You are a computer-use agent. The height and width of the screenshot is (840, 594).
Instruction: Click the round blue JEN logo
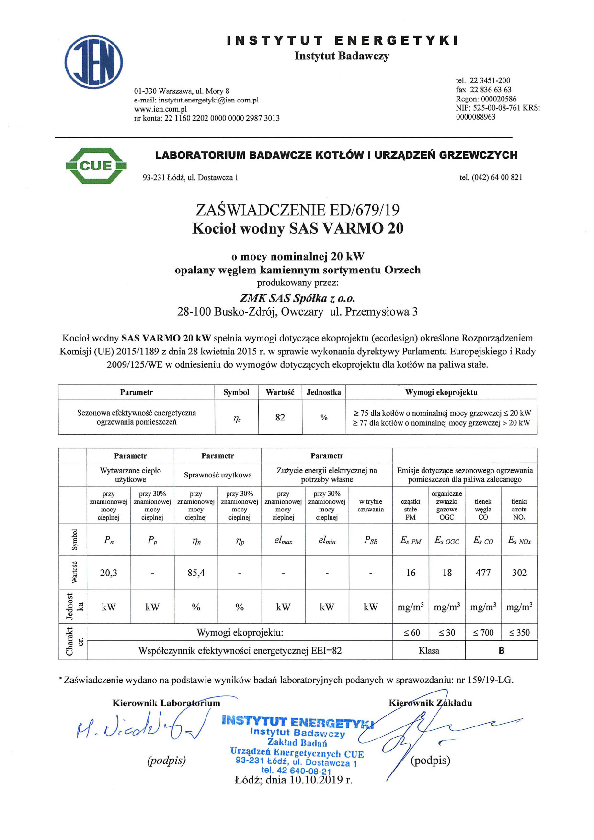coord(94,62)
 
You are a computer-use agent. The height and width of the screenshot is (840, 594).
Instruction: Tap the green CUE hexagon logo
coord(96,166)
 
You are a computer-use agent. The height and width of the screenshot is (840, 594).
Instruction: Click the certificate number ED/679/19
coord(364,210)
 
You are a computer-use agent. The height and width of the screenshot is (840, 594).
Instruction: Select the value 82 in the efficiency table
coord(280,417)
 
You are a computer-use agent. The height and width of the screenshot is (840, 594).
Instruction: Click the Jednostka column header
coord(324,392)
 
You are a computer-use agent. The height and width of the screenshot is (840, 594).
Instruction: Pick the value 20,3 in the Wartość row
coord(109,572)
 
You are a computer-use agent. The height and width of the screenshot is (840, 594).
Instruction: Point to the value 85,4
coord(196,572)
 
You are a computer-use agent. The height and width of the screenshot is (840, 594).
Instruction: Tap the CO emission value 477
coord(483,572)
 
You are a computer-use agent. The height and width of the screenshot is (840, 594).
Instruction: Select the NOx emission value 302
coord(519,572)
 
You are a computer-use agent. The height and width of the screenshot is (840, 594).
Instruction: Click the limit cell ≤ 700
coord(483,632)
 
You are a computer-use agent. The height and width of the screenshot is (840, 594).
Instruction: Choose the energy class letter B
coord(501,650)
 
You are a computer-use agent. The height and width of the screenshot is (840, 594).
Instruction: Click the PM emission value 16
coord(411,572)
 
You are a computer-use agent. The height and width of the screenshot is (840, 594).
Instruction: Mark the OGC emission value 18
coord(447,572)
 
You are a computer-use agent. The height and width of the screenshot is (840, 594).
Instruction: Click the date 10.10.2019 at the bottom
coord(320,780)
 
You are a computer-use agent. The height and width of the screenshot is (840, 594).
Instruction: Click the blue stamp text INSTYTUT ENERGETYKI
coord(297,722)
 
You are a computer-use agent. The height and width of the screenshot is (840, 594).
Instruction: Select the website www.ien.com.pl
coord(160,109)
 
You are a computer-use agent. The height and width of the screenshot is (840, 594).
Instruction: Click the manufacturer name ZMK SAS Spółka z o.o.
coord(297,298)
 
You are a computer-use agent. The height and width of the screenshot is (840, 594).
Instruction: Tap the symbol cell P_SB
coord(371,540)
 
